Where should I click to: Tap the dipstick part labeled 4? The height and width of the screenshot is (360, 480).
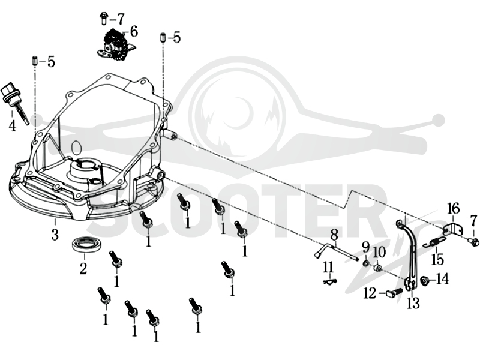(14, 100)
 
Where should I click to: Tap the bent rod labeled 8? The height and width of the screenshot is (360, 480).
(335, 251)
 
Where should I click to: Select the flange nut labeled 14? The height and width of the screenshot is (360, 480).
(424, 280)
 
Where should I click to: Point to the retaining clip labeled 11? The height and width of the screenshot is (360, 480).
(330, 281)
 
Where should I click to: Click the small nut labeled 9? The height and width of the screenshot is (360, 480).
(366, 263)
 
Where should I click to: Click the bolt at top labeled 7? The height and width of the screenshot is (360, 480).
(103, 18)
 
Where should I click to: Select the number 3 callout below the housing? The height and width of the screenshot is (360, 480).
(55, 234)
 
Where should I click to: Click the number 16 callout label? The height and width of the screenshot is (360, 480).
(454, 209)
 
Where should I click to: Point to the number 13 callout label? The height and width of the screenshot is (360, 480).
(413, 303)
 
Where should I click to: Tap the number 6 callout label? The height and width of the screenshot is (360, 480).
(134, 31)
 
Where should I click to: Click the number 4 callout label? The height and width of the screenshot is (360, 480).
(12, 125)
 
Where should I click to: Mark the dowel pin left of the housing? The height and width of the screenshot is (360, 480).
(35, 61)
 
